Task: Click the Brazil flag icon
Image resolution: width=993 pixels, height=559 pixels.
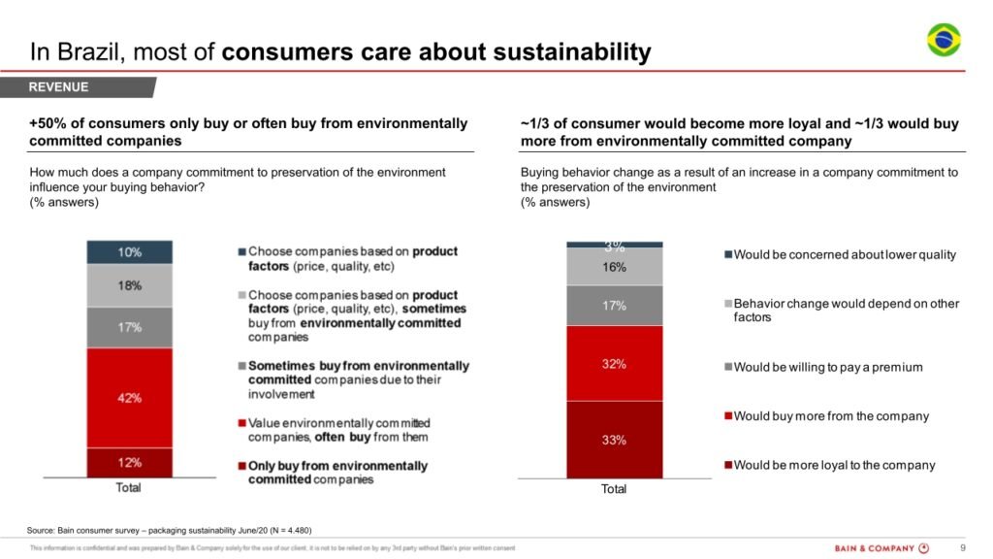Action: [944, 41]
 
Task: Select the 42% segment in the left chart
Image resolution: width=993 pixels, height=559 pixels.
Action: [130, 397]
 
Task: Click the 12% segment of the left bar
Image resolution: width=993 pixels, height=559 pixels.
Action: [130, 462]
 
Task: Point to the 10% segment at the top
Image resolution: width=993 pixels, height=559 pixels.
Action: [130, 252]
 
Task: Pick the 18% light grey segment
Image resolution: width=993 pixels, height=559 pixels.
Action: [130, 285]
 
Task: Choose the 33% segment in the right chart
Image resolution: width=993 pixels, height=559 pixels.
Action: [615, 440]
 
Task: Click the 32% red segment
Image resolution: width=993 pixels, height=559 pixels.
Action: [615, 364]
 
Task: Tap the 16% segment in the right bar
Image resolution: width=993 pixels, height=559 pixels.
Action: [615, 267]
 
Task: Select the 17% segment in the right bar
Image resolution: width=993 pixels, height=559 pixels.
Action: [615, 306]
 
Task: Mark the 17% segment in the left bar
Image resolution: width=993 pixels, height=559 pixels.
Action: [130, 327]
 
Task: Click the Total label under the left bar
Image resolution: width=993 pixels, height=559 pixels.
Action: [129, 487]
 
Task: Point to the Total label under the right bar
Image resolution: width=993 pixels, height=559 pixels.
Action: [614, 489]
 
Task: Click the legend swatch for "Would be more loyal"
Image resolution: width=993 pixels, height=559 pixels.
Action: [727, 465]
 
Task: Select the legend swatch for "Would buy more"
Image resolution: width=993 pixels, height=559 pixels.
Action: [727, 416]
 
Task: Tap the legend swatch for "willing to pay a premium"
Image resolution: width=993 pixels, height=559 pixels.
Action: [727, 368]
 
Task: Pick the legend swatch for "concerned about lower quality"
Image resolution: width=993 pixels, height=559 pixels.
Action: [727, 255]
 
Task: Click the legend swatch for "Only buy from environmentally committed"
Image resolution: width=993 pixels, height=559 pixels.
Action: [242, 466]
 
